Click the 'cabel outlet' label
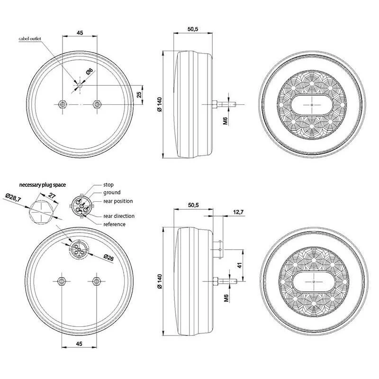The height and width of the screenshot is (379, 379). click(30, 39)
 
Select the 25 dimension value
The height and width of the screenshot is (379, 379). click(139, 94)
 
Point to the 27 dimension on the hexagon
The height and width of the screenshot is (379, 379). click(52, 196)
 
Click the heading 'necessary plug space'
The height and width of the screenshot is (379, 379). click(43, 185)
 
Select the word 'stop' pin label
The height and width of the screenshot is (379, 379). click(108, 185)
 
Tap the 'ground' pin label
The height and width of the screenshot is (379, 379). click(112, 193)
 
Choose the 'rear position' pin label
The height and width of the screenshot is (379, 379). click(118, 201)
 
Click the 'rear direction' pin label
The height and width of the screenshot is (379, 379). click(119, 216)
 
